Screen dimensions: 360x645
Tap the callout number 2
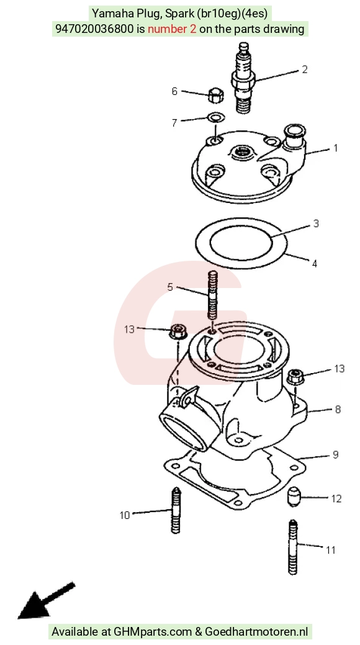(305, 69)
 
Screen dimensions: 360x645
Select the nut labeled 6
(215, 96)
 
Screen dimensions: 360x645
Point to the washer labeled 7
(217, 118)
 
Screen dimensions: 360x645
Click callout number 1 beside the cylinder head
(336, 148)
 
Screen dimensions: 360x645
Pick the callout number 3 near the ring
(316, 223)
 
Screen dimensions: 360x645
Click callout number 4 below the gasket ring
(315, 263)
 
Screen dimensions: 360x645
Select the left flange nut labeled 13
(178, 331)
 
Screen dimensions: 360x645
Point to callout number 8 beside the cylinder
(338, 409)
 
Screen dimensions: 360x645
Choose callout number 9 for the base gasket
(336, 454)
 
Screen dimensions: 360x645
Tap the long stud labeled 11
(292, 546)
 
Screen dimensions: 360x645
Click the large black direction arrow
(46, 601)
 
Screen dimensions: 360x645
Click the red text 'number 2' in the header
(172, 29)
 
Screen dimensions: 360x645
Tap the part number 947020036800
(95, 29)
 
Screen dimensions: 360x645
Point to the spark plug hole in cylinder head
(242, 153)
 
